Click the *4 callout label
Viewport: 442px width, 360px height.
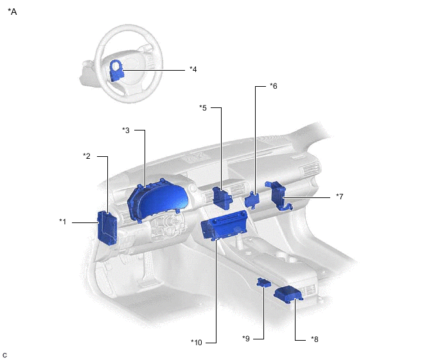pyautogui.click(x=193, y=69)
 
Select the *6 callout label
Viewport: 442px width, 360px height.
pyautogui.click(x=274, y=86)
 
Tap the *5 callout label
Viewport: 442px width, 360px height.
pyautogui.click(x=203, y=108)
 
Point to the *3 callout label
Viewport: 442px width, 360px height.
pyautogui.click(x=126, y=130)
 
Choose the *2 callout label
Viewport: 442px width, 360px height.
pyautogui.click(x=87, y=156)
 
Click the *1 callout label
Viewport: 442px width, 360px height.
pyautogui.click(x=62, y=222)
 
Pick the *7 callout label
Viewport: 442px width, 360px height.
pyautogui.click(x=339, y=196)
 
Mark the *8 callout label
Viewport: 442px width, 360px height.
pyautogui.click(x=315, y=339)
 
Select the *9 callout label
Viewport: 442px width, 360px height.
pyautogui.click(x=246, y=339)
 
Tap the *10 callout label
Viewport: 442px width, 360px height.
pyautogui.click(x=197, y=343)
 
